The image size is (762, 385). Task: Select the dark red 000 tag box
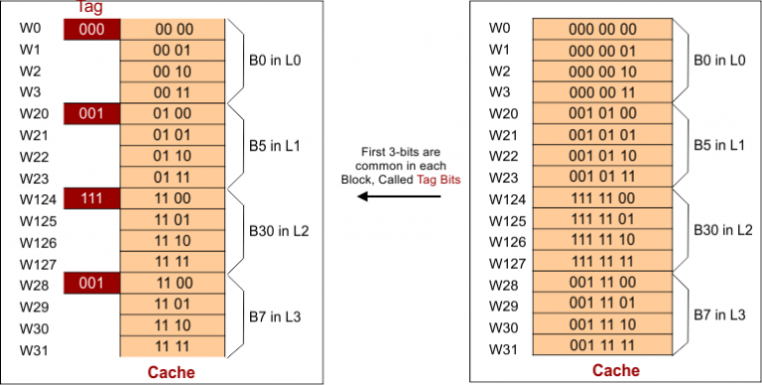[91, 29]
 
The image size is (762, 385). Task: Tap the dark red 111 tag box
[91, 199]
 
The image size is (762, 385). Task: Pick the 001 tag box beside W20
[91, 114]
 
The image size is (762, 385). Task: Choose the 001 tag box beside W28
[91, 285]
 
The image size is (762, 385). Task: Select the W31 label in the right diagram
[504, 348]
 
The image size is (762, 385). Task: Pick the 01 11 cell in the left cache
[174, 178]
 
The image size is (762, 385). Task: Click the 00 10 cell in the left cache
[174, 71]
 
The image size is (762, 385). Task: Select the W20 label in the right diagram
[504, 114]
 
